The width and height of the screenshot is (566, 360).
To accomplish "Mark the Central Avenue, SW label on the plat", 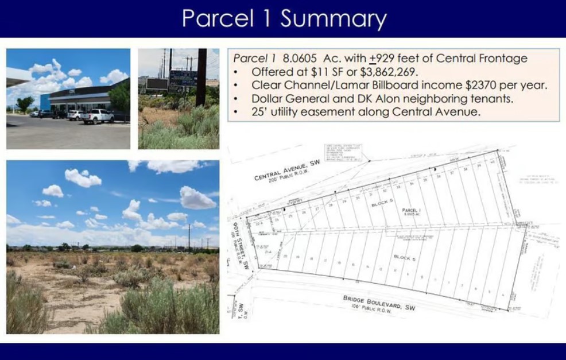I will pos(286,169).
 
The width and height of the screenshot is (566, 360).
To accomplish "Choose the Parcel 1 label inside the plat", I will pos(411,211).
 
